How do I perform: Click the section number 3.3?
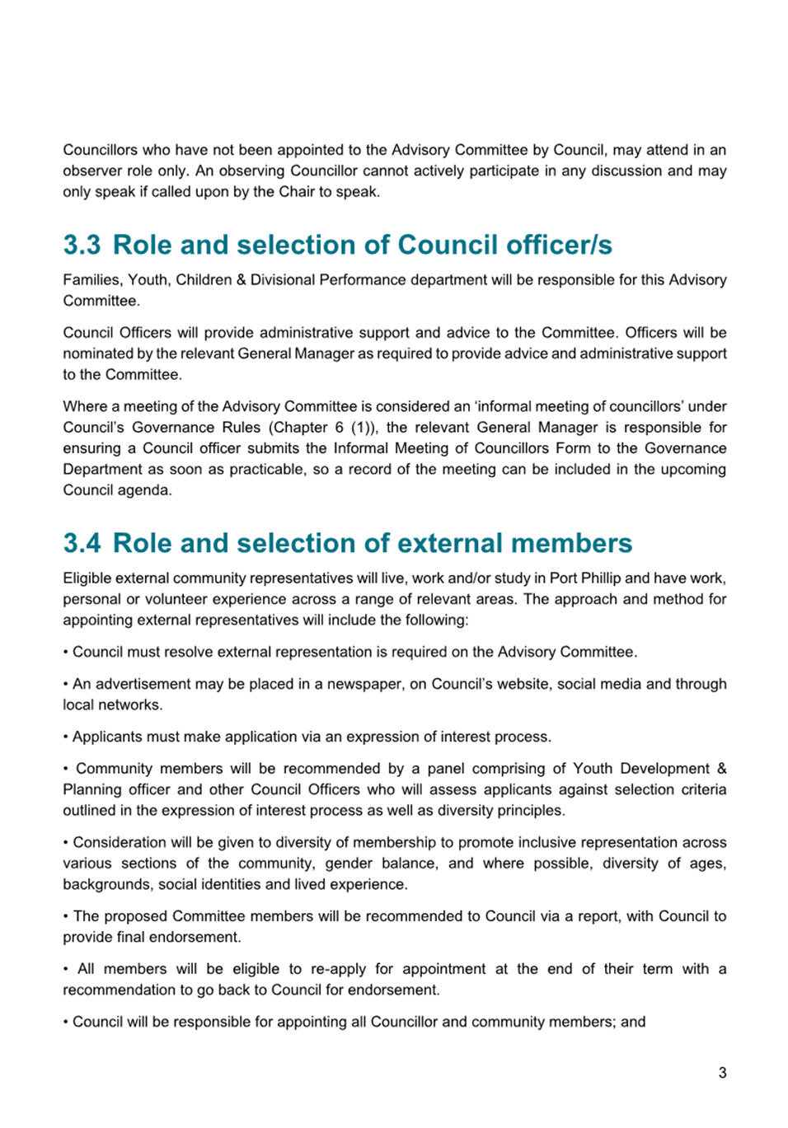click(82, 245)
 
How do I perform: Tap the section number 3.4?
click(82, 543)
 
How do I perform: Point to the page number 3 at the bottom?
click(722, 1072)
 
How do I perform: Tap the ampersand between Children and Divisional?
click(241, 279)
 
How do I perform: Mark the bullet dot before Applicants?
click(66, 737)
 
